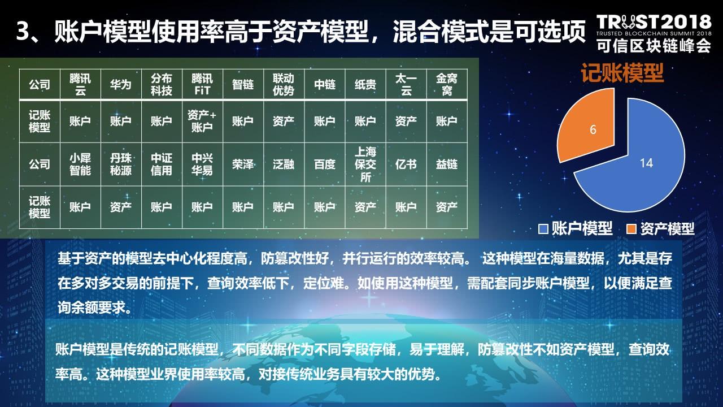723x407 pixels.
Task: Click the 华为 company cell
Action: pos(121,84)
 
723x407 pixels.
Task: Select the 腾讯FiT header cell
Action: pos(202,84)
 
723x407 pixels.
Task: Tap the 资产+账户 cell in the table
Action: pos(202,121)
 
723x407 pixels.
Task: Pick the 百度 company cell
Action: pos(324,164)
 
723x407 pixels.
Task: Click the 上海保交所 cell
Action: pos(365,164)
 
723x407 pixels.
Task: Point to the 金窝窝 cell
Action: pos(447,84)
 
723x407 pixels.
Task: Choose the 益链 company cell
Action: pos(447,164)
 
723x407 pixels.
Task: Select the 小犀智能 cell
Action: pos(80,164)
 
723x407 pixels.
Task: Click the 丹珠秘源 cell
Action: pos(121,164)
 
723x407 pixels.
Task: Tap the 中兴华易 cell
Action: pos(202,164)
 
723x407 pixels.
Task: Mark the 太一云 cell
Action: pos(406,84)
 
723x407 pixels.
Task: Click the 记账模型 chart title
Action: pos(622,73)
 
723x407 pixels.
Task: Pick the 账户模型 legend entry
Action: pos(576,228)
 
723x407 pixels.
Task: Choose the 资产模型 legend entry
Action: pos(660,228)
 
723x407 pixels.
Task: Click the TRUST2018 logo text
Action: pos(654,22)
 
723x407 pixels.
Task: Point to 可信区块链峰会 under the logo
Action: pos(654,45)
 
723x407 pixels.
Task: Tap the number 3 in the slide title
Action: pos(23,31)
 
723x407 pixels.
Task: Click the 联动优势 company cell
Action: pos(284,84)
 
